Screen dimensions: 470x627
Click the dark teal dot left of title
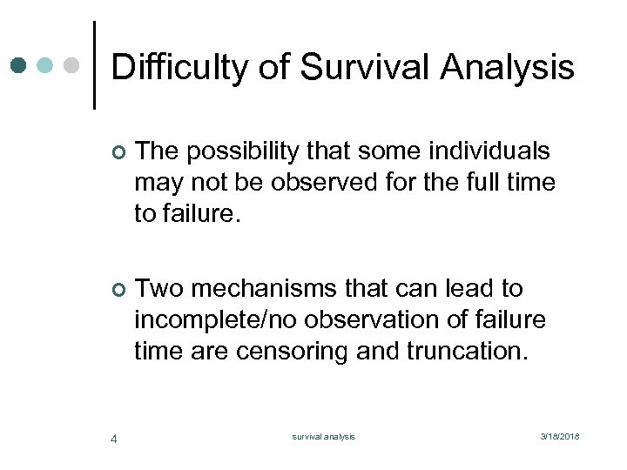tap(18, 65)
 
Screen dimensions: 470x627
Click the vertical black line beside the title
tap(93, 65)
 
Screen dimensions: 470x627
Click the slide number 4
tap(114, 438)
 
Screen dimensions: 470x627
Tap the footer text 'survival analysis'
tap(323, 437)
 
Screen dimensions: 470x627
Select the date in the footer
tap(560, 437)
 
